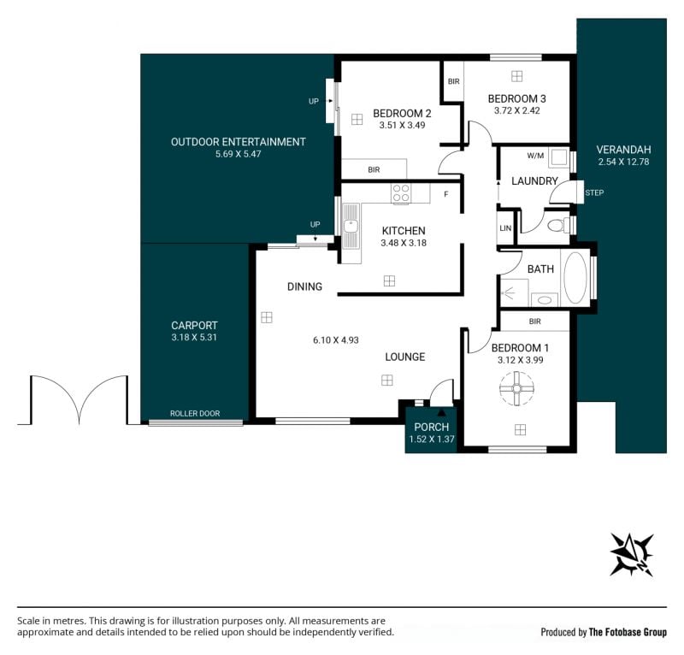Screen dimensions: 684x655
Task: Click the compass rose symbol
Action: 631,555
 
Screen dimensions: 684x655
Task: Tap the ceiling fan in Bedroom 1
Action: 517,389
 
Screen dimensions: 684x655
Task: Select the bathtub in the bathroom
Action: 575,278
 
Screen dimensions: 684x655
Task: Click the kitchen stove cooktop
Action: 401,193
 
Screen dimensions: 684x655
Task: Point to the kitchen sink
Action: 351,227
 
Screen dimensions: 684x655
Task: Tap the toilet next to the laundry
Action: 558,226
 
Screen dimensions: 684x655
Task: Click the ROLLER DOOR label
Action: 195,413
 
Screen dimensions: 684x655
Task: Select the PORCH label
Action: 432,427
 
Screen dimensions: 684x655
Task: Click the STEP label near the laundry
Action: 594,193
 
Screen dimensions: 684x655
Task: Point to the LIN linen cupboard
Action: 505,227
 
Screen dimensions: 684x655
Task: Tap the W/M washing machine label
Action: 535,156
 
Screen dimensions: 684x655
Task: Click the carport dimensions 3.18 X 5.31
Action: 194,337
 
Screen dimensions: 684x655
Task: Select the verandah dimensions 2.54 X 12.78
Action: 624,162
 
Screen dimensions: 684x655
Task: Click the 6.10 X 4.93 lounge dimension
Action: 336,340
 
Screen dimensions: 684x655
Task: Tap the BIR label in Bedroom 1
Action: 535,322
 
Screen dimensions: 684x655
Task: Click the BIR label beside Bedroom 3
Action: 454,81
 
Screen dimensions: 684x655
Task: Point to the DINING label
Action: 304,286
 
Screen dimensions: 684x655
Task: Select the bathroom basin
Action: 544,300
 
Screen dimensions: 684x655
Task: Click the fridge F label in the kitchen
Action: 445,194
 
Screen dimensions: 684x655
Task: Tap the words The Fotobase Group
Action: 628,632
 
